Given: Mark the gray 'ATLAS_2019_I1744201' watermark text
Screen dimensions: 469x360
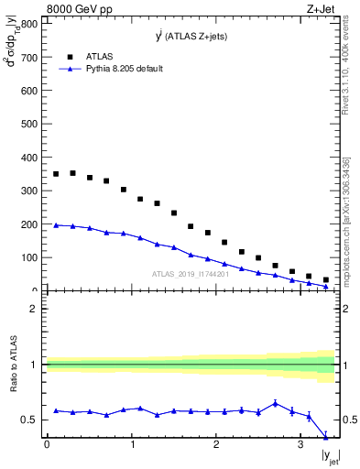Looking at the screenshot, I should pos(191,274).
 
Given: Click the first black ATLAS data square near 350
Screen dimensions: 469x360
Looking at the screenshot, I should pos(56,174).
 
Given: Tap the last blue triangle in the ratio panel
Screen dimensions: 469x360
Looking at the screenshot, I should pos(326,436).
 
